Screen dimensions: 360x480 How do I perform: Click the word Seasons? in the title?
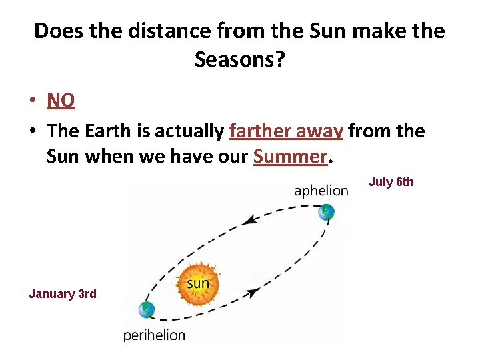click(239, 60)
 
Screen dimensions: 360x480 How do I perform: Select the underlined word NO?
click(61, 100)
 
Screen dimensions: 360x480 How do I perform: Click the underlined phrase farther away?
click(286, 131)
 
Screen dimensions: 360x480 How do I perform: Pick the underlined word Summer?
click(290, 157)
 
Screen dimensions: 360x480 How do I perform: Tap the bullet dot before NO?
click(33, 101)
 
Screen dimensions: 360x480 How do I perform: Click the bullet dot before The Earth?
click(33, 132)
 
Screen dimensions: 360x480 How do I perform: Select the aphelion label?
click(321, 191)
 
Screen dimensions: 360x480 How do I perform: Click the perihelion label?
click(154, 335)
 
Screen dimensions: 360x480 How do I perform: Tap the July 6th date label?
click(391, 182)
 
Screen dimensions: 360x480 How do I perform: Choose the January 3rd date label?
click(62, 293)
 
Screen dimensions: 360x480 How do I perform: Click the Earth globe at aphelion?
click(326, 213)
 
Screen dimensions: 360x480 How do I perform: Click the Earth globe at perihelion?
click(146, 309)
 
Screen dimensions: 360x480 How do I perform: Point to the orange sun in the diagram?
click(197, 285)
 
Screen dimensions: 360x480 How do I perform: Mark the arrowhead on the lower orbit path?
click(253, 291)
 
